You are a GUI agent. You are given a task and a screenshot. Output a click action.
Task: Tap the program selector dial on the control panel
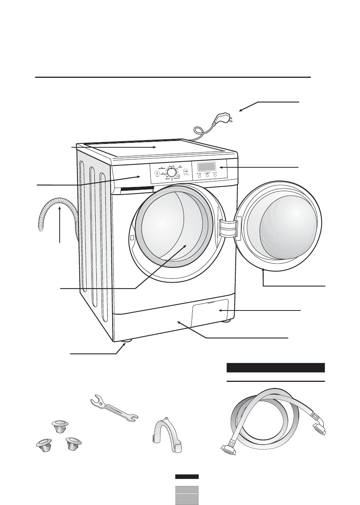coord(171,173)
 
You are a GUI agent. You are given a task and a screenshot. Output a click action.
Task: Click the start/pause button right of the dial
coord(186,171)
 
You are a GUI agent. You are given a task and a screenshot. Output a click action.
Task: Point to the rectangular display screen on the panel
coord(205,166)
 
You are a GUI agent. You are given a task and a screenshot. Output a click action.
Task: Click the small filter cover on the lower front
coord(210,312)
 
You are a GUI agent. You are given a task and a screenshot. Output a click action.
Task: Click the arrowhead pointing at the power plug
coord(241,110)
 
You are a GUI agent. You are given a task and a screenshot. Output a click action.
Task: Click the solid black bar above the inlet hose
coord(275,368)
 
